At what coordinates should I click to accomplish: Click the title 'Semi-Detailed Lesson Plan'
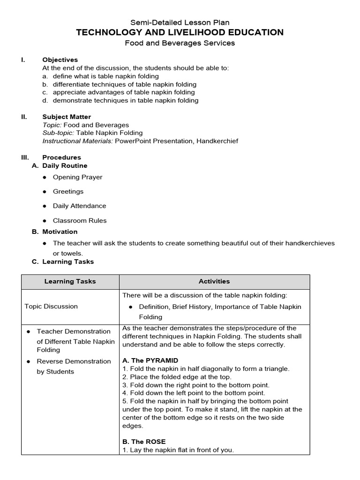click(x=180, y=22)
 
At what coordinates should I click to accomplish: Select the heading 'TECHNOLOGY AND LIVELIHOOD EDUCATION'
click(x=180, y=32)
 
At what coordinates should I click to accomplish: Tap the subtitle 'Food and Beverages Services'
click(x=180, y=43)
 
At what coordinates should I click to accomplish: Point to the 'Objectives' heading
click(x=60, y=60)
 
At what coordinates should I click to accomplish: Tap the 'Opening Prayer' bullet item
click(x=77, y=177)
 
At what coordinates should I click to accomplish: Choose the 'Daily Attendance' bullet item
click(x=79, y=206)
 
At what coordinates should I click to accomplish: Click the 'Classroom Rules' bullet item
click(x=80, y=220)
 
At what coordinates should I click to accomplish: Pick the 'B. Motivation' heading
click(x=55, y=232)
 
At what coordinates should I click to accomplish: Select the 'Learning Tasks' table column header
click(x=70, y=281)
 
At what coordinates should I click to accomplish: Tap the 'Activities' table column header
click(x=214, y=281)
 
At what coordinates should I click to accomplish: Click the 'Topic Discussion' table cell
click(x=51, y=306)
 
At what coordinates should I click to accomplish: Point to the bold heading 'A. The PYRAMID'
click(x=150, y=360)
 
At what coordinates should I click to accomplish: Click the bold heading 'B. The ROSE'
click(x=144, y=442)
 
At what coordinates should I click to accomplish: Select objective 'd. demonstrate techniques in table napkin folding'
click(x=120, y=100)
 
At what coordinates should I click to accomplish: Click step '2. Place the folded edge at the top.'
click(x=177, y=377)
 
